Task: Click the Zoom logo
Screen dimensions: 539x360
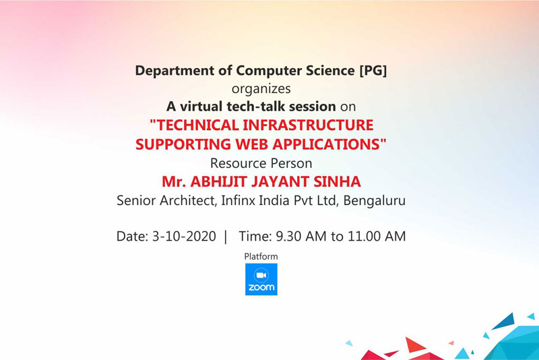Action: click(261, 279)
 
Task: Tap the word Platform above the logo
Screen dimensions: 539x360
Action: click(261, 256)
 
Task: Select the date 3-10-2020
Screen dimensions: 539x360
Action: click(184, 237)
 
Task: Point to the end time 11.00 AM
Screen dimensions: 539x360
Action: click(377, 237)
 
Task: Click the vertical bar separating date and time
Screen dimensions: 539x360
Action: click(226, 237)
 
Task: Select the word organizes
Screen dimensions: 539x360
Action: click(261, 89)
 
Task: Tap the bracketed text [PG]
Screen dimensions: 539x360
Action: click(373, 71)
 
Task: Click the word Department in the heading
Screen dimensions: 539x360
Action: click(175, 71)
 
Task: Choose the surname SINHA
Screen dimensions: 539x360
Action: click(338, 181)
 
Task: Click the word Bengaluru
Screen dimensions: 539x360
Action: click(375, 200)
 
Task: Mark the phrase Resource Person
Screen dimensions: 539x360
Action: click(261, 163)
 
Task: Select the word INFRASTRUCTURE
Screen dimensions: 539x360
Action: click(308, 125)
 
